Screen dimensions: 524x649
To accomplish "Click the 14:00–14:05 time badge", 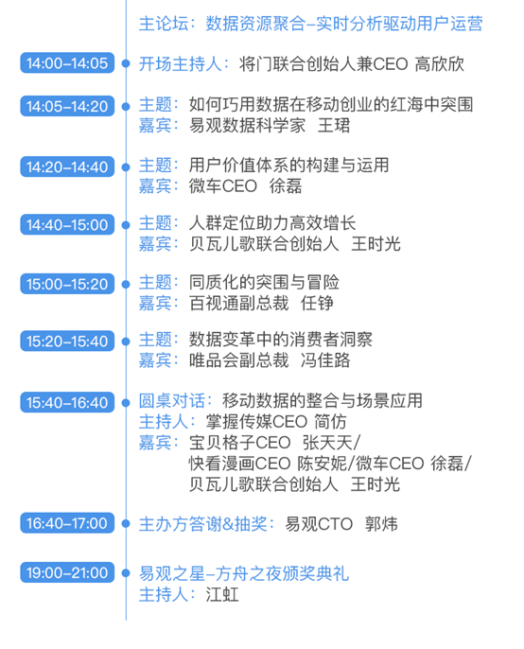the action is click(x=67, y=62).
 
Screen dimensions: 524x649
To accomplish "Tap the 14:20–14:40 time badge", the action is click(x=67, y=167).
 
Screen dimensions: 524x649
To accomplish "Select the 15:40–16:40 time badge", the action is click(x=67, y=402).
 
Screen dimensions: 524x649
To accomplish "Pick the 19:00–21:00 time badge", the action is click(x=67, y=572).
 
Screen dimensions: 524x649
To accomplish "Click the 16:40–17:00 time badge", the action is click(x=67, y=523).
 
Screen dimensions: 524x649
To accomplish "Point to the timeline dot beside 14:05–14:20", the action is click(x=126, y=106).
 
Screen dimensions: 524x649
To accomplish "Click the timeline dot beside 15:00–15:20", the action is click(x=126, y=284).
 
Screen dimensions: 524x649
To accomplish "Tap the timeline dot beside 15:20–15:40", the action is click(x=126, y=341).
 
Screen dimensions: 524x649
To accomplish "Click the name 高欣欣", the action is click(x=439, y=64).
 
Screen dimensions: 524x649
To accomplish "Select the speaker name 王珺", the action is click(x=334, y=126).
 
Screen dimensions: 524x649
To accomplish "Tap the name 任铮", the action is click(x=317, y=304).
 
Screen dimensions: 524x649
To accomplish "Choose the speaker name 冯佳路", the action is click(x=325, y=360).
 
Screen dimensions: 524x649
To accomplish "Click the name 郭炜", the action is click(x=381, y=524).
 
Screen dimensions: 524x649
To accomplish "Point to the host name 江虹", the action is click(x=222, y=595).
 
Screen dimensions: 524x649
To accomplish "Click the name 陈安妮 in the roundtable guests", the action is click(x=322, y=464).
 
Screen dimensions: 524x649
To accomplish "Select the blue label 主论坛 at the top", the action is click(x=164, y=24).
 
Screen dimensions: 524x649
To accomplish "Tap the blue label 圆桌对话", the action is click(x=172, y=401).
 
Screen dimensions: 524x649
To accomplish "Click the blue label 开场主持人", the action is click(x=180, y=64).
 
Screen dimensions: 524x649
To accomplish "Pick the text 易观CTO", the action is click(x=319, y=524).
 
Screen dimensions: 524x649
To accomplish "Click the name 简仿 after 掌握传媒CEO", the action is click(x=330, y=422).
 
